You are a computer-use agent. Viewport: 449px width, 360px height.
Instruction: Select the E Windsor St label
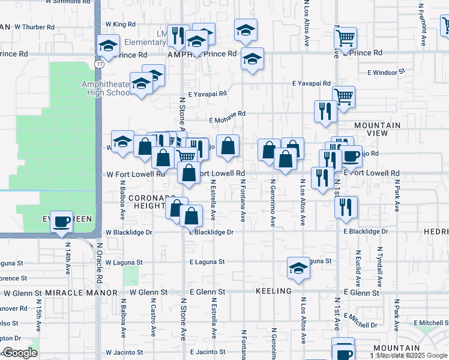click(x=385, y=72)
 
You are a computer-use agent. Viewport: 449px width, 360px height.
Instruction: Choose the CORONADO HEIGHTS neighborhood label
click(x=141, y=201)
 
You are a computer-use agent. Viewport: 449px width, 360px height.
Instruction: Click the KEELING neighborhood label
click(x=273, y=291)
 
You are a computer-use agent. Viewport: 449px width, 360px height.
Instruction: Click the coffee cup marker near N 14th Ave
click(x=62, y=221)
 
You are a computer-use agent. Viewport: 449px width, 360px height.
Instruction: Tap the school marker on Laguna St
click(x=298, y=268)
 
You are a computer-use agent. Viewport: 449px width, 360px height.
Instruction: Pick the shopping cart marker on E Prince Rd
click(x=345, y=38)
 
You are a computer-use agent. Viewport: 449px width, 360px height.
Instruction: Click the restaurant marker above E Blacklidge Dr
click(x=346, y=206)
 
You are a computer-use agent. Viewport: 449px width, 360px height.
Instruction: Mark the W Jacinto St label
click(x=125, y=352)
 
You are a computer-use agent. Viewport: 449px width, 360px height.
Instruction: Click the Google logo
click(x=20, y=353)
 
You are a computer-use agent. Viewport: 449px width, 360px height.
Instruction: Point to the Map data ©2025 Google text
click(x=412, y=355)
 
